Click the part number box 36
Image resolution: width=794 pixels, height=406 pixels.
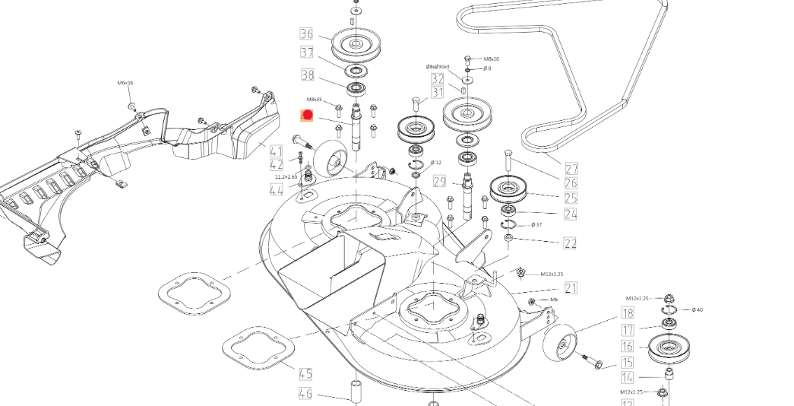coord(306,34)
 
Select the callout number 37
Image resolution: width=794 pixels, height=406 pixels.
coord(307,53)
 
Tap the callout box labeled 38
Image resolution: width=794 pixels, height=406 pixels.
coord(307,75)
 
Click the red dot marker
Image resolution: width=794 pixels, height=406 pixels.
coord(307,115)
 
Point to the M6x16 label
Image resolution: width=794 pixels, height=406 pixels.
coord(125,83)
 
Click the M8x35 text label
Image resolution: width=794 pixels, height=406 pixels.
coord(315,100)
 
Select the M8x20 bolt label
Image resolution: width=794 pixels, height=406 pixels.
coord(492,59)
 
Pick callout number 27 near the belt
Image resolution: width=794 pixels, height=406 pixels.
coord(571,169)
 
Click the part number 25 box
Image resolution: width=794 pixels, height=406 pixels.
coord(570,198)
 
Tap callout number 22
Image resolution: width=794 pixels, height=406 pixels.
coord(570,243)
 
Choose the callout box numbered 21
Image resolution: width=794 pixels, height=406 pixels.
coord(571,288)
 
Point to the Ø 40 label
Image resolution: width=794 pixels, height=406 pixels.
coord(698,310)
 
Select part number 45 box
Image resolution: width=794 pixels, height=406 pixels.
coord(305,374)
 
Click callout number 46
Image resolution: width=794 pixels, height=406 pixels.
coord(305,393)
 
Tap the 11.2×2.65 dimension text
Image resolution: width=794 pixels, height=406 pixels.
coord(286,176)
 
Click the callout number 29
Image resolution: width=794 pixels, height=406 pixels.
coord(439,181)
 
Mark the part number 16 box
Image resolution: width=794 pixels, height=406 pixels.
coord(628,347)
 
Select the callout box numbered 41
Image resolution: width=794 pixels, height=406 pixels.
coord(276,151)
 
